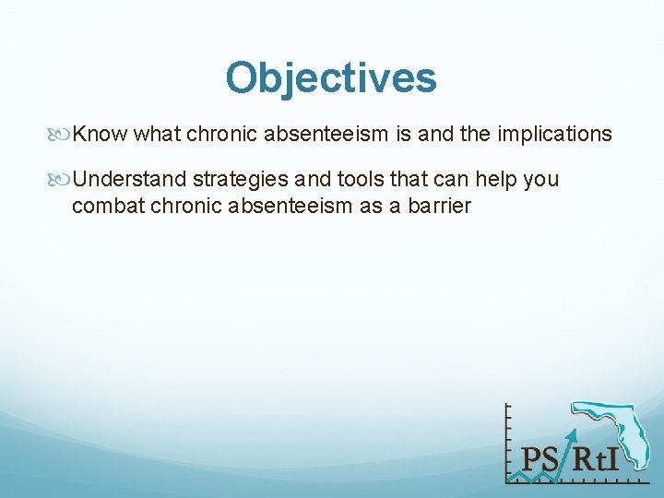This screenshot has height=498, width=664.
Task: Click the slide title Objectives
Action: point(331,78)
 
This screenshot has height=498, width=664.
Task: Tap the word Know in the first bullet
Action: point(100,135)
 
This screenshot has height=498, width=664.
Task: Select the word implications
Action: point(553,135)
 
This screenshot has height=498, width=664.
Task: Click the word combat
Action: point(103,206)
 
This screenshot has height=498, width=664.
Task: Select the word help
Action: point(496,179)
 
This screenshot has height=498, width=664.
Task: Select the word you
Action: point(541,179)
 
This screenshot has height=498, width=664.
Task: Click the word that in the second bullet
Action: point(405,179)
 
